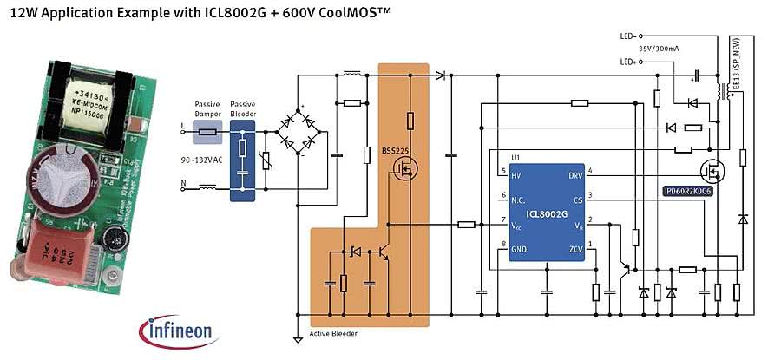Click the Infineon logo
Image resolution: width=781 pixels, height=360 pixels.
179,330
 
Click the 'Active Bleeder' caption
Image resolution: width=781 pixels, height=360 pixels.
334,334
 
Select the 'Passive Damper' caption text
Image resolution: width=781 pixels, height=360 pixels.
207,108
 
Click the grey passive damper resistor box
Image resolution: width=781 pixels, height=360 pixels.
208,134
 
